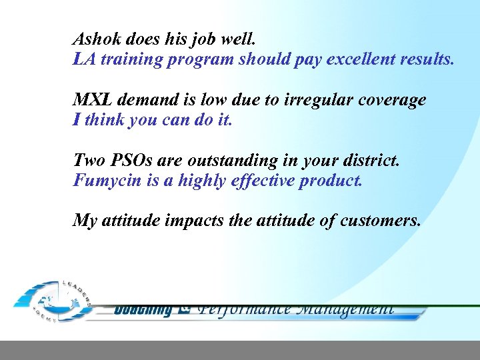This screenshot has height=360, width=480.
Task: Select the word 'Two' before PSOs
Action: tap(89, 161)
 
